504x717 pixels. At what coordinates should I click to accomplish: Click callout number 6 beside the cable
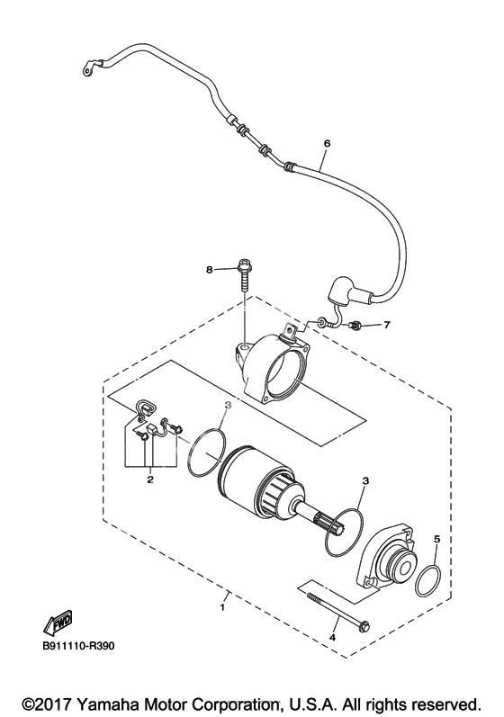[x=327, y=143]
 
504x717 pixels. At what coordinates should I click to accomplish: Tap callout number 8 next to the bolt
[x=210, y=270]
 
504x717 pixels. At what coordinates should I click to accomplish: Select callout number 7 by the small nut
[x=387, y=325]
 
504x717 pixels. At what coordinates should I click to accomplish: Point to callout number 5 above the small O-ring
[x=436, y=539]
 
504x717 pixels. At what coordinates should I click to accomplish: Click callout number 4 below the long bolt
[x=332, y=637]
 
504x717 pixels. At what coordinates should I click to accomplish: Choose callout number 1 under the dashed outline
[x=222, y=608]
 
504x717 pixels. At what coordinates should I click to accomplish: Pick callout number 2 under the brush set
[x=149, y=479]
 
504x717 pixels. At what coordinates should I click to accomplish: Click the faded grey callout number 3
[x=228, y=405]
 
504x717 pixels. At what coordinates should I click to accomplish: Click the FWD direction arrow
[x=58, y=623]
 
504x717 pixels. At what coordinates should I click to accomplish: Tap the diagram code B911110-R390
[x=77, y=647]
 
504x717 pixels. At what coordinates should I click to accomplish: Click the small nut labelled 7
[x=354, y=325]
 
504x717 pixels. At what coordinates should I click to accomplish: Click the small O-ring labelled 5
[x=428, y=580]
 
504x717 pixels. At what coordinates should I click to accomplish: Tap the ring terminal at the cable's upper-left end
[x=88, y=67]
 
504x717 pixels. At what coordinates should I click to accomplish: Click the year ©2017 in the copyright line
[x=49, y=704]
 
